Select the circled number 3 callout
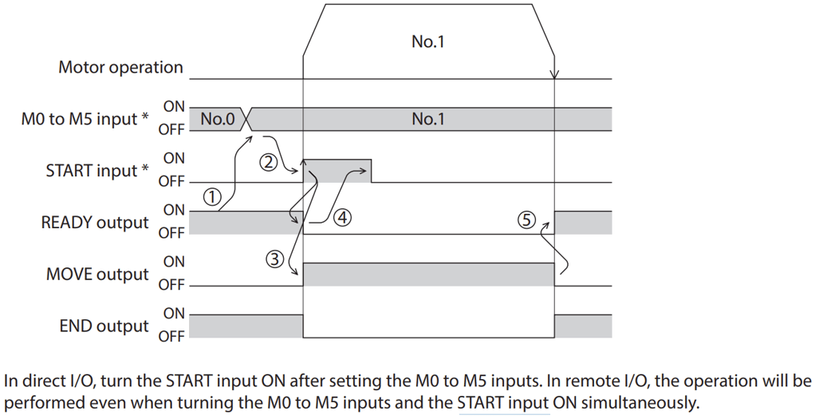click(274, 258)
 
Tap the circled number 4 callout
click(341, 215)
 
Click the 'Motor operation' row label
click(120, 68)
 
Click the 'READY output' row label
click(95, 223)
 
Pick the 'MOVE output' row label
click(97, 275)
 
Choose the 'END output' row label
click(104, 326)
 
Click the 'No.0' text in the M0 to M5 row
click(217, 120)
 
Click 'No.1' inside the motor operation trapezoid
click(427, 42)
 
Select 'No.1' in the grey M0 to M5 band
click(428, 120)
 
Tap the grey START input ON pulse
click(338, 171)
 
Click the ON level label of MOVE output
click(174, 262)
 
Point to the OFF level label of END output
click(171, 336)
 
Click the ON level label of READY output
click(174, 211)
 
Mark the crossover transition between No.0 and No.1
click(246, 119)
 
